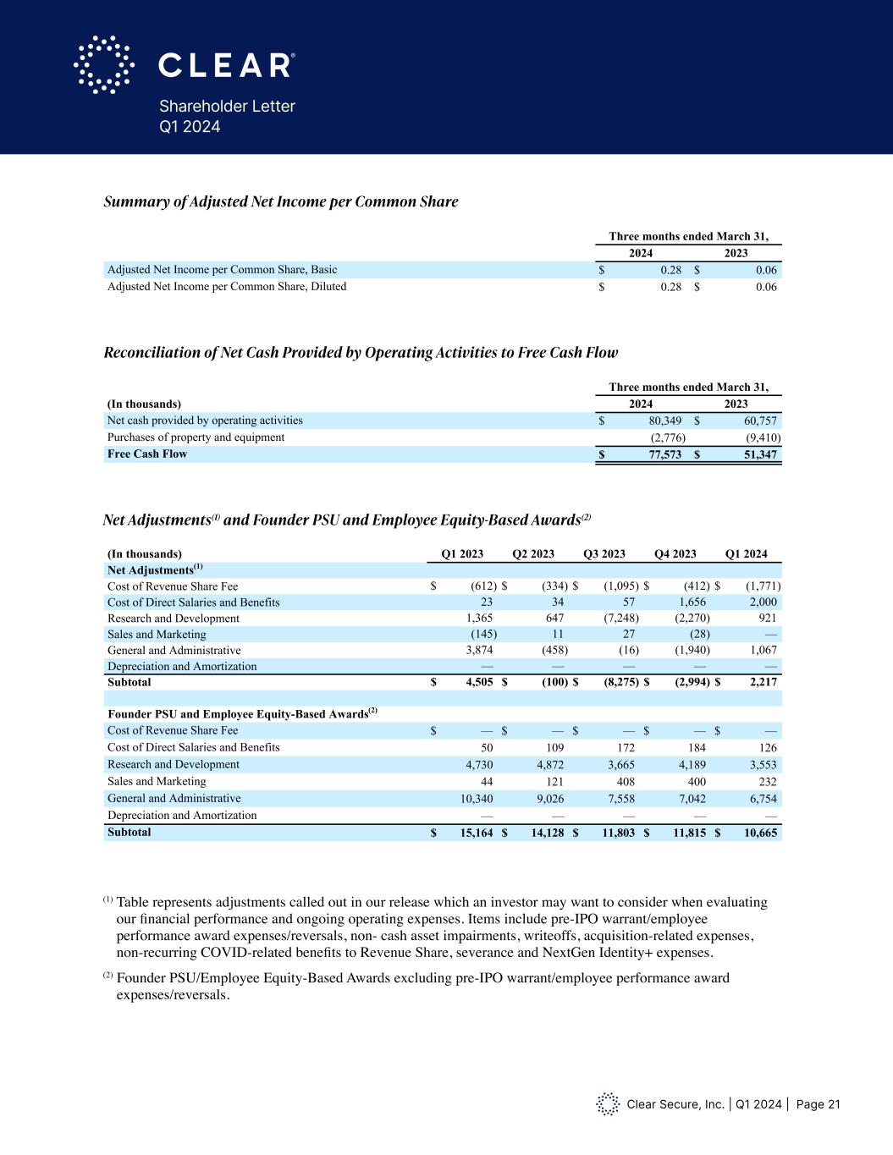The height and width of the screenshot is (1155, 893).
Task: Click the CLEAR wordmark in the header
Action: click(x=226, y=65)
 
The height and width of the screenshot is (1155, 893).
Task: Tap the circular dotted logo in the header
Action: click(x=104, y=64)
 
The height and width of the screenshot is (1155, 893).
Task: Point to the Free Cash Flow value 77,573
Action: click(x=661, y=454)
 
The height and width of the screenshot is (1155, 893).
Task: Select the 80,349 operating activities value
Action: click(x=661, y=421)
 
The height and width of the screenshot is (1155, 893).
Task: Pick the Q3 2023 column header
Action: click(x=604, y=554)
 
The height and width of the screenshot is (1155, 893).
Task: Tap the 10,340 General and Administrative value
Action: click(x=475, y=799)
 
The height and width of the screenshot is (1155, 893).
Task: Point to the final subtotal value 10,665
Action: click(x=760, y=833)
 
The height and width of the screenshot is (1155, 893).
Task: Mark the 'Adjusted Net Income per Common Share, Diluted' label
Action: click(x=227, y=287)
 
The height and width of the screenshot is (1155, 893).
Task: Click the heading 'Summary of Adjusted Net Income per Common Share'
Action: click(x=280, y=201)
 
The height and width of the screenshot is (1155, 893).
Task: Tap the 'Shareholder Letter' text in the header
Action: click(x=227, y=107)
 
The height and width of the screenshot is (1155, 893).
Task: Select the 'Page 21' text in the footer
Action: click(x=818, y=1104)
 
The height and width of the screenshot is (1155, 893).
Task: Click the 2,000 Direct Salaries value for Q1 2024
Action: click(x=761, y=602)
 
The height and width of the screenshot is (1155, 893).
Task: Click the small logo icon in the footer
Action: click(x=608, y=1103)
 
